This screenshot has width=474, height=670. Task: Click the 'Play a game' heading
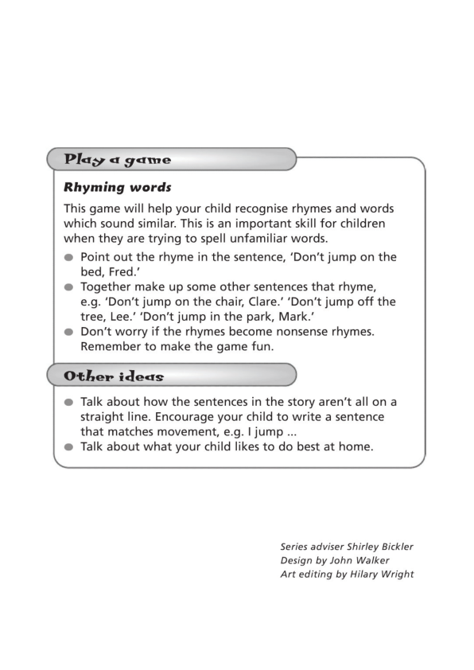[x=118, y=159]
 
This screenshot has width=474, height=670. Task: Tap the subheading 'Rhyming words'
[x=118, y=188]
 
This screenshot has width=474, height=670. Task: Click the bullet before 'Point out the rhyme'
[x=69, y=258]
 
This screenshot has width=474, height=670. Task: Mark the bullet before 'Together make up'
[x=69, y=287]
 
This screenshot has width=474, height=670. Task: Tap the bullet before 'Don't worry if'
[x=69, y=332]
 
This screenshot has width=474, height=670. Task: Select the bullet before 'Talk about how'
[x=69, y=403]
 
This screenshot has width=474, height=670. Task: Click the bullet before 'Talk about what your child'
[x=69, y=447]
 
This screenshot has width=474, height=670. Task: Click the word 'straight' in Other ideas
[x=105, y=417]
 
